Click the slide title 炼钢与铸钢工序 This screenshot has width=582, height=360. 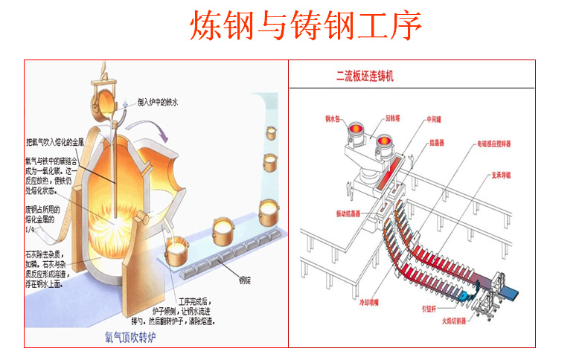[x=306, y=26]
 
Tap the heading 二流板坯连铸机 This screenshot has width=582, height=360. [x=365, y=76]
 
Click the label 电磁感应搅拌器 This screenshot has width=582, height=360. [x=497, y=144]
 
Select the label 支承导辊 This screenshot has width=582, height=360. [x=503, y=176]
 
